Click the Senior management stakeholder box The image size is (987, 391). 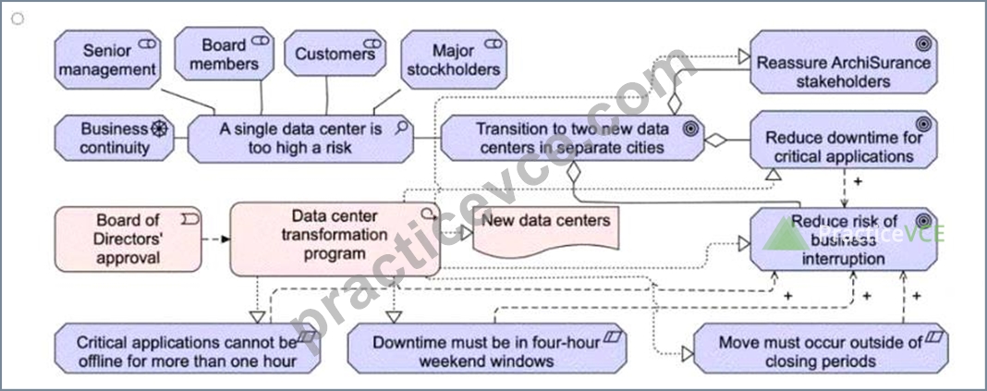point(107,59)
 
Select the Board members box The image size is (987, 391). point(224,55)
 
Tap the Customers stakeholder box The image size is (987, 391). point(335,54)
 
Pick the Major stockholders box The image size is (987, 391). point(453,59)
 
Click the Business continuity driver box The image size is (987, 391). point(114,138)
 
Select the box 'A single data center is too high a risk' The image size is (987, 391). point(300,138)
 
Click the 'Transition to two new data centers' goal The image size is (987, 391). point(572,138)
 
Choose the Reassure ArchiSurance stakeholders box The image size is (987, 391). point(844,62)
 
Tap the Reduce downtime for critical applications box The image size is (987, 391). point(844,140)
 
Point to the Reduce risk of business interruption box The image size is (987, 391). point(844,239)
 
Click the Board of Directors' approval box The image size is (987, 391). point(128,239)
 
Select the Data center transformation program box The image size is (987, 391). point(335,239)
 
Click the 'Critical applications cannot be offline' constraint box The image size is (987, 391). point(187,348)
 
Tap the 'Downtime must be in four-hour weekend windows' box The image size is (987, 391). point(487,348)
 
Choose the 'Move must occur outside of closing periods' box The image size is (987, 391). point(821,348)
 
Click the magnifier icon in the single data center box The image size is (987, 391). point(400,128)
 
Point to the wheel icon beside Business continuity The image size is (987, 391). point(159,129)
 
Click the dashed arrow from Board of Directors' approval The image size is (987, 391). point(215,239)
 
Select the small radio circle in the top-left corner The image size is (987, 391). point(18,18)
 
